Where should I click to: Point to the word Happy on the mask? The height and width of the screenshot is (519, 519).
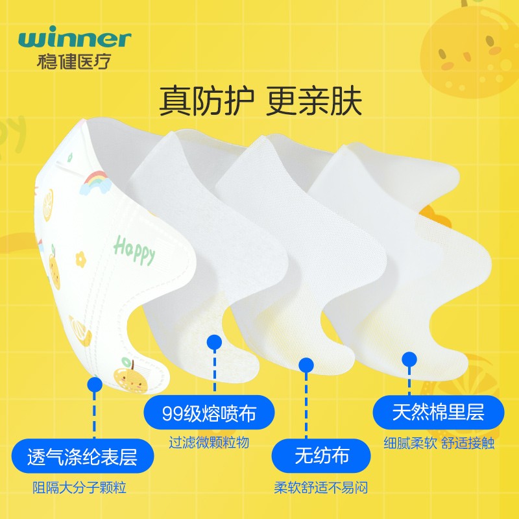134,250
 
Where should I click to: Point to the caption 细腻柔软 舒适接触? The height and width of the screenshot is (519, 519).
439,444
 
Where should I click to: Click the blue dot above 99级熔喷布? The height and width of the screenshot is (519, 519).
215,342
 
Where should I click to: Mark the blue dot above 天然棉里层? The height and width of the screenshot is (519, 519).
409,359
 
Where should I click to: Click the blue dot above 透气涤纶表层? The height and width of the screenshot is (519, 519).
95,386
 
